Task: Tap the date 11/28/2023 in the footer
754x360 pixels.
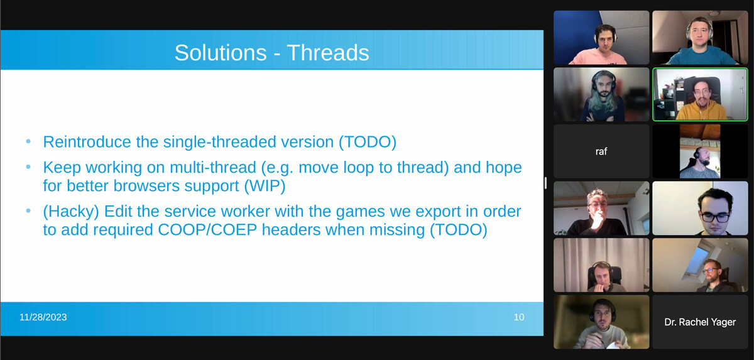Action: pos(43,317)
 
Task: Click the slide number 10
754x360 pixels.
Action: pos(518,317)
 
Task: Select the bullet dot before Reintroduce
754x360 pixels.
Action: pos(28,142)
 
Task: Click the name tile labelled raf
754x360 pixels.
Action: pos(601,151)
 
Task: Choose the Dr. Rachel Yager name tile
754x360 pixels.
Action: pos(700,322)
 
